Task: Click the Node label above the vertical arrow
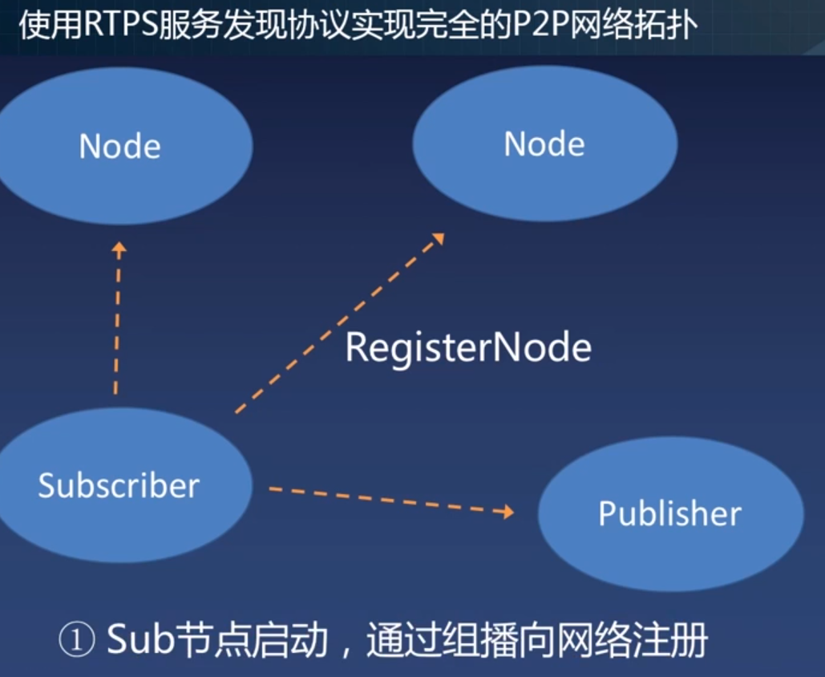[x=119, y=147]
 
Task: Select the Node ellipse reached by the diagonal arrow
[x=544, y=144]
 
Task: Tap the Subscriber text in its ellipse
[x=119, y=486]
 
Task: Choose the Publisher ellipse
[x=670, y=513]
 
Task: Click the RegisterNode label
[x=468, y=348]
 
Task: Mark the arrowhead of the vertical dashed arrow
[x=119, y=248]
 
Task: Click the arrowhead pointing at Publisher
[x=506, y=511]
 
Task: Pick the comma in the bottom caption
[x=346, y=648]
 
